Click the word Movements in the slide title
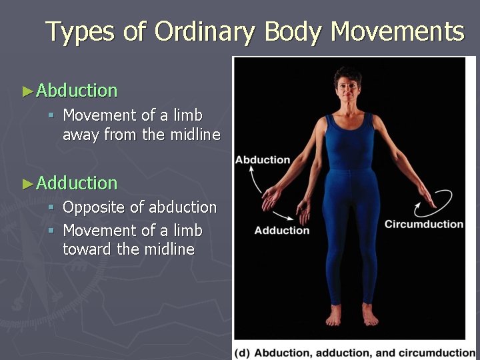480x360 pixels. pyautogui.click(x=397, y=31)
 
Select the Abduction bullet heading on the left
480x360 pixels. pyautogui.click(x=77, y=90)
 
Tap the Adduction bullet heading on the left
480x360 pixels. pyautogui.click(x=77, y=182)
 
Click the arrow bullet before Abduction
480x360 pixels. pyautogui.click(x=27, y=91)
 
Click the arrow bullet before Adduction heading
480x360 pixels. pyautogui.click(x=27, y=183)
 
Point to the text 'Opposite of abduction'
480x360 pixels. pyautogui.click(x=139, y=207)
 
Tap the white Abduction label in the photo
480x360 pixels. pyautogui.click(x=263, y=160)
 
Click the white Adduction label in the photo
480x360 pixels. pyautogui.click(x=282, y=231)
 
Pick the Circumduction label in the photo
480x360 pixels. pyautogui.click(x=423, y=224)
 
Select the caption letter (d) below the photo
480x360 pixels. pyautogui.click(x=243, y=353)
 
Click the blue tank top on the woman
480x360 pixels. pyautogui.click(x=349, y=140)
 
